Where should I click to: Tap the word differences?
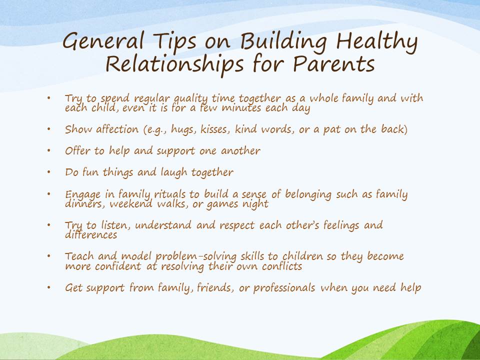pos(91,234)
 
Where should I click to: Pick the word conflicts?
pos(280,265)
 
